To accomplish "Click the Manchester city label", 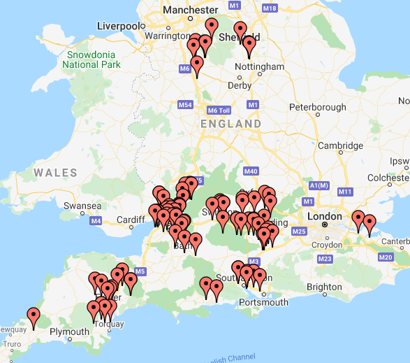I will click(x=190, y=10).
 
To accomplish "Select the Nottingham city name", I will click(x=260, y=66).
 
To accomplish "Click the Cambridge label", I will click(x=340, y=145).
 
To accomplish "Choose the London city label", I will click(x=325, y=216).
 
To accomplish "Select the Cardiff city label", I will click(x=131, y=219).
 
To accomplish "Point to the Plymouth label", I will click(x=69, y=331).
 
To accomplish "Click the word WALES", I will click(x=55, y=172).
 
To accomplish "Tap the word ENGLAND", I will click(x=230, y=124).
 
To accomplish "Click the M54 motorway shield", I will click(x=185, y=105).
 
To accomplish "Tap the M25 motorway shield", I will click(x=299, y=232).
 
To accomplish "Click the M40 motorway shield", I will click(x=251, y=171).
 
